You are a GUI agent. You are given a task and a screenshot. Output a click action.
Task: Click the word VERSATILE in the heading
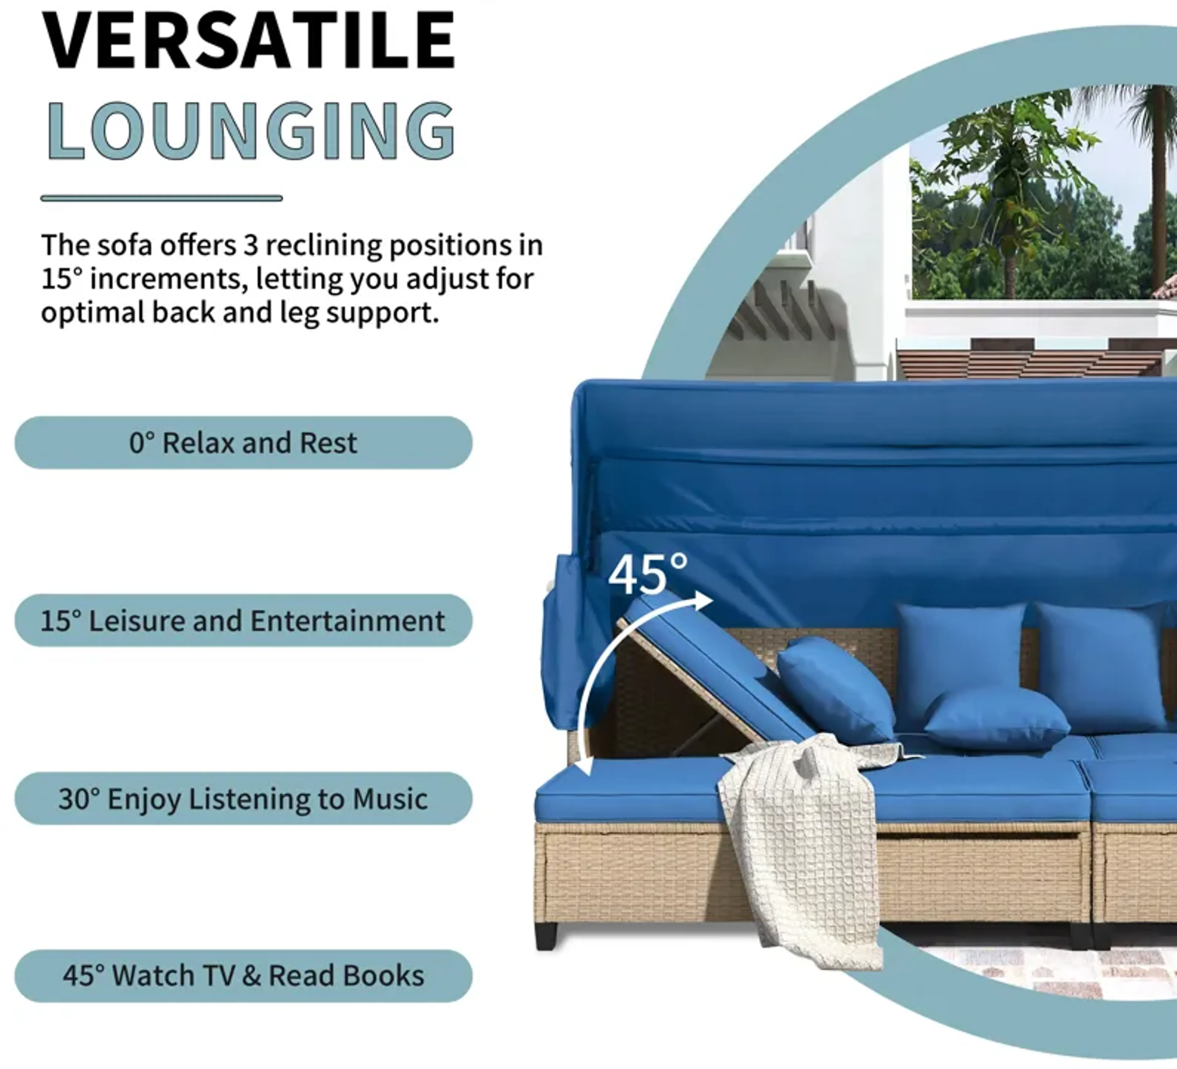point(248,41)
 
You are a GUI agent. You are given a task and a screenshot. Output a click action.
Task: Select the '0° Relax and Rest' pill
point(243,443)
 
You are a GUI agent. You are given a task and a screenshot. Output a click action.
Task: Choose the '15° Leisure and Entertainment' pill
point(243,620)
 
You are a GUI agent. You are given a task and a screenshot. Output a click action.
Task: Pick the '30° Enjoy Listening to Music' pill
point(243,798)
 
